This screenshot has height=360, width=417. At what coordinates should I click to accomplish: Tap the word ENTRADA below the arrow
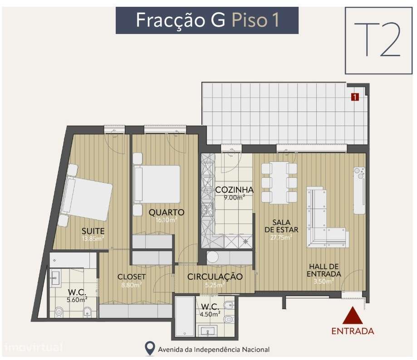coord(353,331)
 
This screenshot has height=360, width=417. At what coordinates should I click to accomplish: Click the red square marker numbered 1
coord(355,96)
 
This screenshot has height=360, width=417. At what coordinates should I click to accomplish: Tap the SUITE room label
coord(93,231)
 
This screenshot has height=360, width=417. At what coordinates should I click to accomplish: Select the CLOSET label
coord(132,277)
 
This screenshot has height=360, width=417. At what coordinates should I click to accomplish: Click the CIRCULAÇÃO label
coord(215,277)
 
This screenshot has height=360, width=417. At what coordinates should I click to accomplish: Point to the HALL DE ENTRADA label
coord(324,270)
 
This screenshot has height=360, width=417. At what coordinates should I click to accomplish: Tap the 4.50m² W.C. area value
coord(211,313)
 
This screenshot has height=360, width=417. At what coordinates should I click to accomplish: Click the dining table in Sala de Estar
coord(279,182)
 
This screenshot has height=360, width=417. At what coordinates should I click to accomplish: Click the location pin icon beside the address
coord(149,349)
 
